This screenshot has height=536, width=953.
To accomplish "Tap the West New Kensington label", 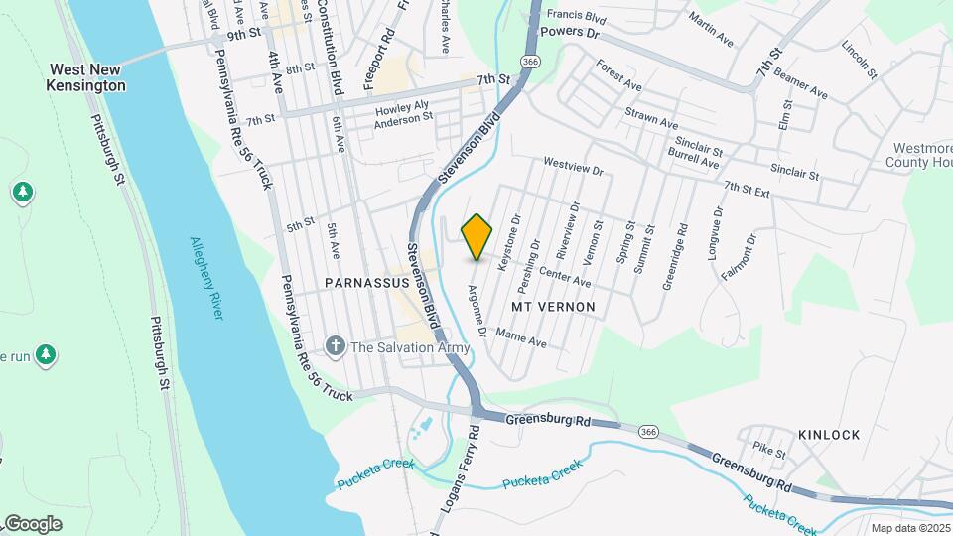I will tap(88, 78).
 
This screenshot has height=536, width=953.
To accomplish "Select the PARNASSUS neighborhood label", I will tap(366, 283).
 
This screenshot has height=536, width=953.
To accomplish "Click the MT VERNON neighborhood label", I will tap(553, 307).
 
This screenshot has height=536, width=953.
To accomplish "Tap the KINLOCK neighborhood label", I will tap(829, 435).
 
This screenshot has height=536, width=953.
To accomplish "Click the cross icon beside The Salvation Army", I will tap(336, 346).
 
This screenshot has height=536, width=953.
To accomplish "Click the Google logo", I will tap(33, 523).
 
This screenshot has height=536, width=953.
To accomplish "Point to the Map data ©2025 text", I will tap(909, 528).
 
